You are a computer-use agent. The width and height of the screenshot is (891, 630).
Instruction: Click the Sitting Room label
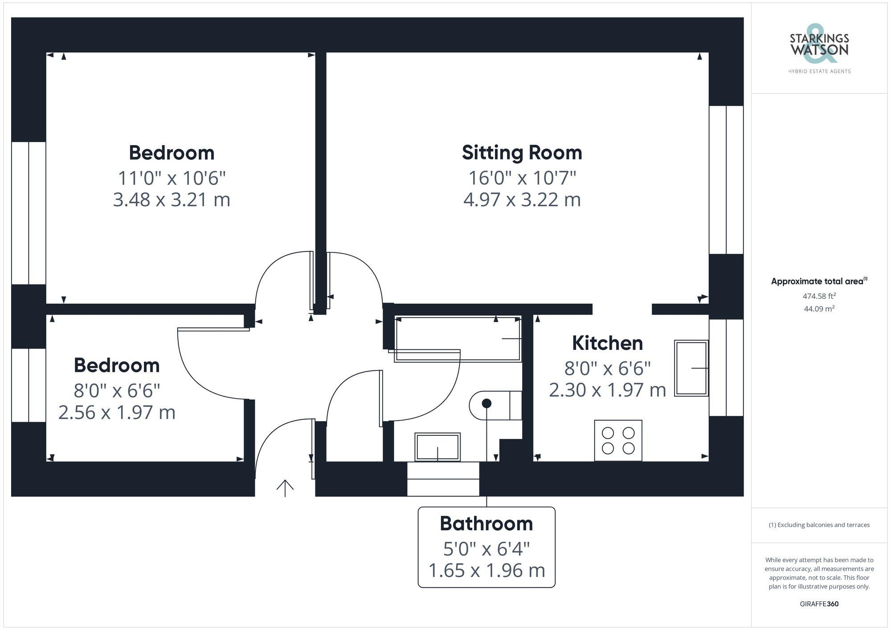point(522,153)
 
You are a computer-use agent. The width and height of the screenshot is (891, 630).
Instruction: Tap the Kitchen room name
point(607,343)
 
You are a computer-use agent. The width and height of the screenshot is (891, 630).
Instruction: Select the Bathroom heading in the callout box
point(486,524)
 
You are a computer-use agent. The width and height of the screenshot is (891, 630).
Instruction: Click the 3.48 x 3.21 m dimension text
point(172,199)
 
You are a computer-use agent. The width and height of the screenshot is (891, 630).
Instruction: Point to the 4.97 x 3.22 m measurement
point(522,199)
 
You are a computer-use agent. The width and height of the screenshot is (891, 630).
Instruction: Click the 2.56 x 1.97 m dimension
point(117,412)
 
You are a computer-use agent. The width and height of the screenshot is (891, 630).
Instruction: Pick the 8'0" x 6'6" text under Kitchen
point(607,369)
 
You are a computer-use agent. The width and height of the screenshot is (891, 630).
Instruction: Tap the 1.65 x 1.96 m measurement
point(486,570)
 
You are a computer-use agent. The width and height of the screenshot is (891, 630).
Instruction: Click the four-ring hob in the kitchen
point(618,440)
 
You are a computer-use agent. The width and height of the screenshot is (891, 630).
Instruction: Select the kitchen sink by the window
point(691,368)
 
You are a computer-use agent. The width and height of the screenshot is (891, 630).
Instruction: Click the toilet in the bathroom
point(495,405)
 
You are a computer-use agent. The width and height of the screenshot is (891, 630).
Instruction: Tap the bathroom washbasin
point(437,447)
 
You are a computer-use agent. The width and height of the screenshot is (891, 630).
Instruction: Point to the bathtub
point(458,338)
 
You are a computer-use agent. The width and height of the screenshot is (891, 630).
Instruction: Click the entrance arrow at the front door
point(285,488)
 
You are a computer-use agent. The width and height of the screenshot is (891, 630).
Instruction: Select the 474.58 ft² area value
point(819,296)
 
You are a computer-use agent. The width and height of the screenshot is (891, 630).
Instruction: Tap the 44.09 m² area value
point(819,309)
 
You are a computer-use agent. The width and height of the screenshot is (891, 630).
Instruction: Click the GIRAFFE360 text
point(819,604)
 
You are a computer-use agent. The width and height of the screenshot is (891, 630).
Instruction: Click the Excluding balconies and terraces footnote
point(819,525)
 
